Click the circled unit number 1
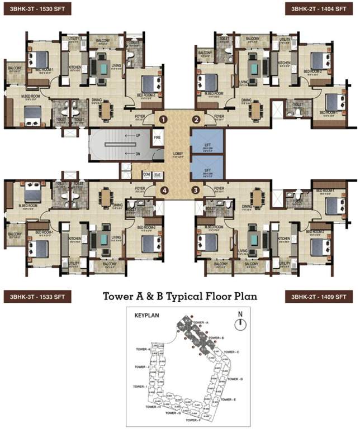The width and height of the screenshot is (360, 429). click(163, 119)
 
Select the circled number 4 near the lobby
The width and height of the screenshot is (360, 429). click(164, 190)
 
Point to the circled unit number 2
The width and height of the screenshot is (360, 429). click(196, 119)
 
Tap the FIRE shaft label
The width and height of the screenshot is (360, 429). click(158, 136)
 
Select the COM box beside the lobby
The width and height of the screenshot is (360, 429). click(146, 174)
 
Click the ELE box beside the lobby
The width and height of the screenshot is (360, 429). click(158, 174)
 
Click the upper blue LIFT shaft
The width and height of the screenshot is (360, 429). click(206, 141)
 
